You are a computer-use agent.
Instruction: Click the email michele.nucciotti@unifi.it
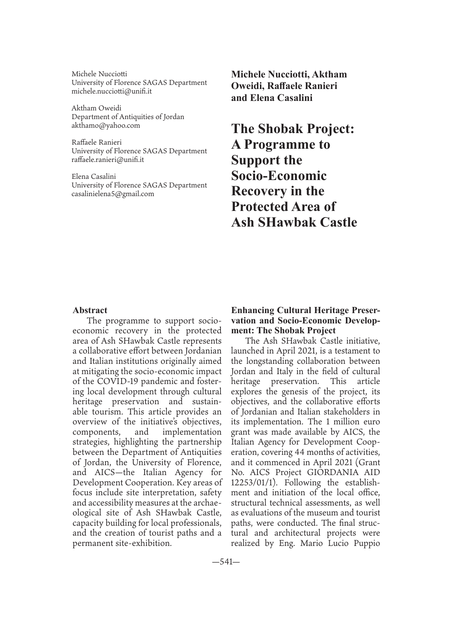point(112,91)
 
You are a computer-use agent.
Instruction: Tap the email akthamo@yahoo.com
point(106,125)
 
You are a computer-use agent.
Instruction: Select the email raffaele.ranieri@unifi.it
point(108,159)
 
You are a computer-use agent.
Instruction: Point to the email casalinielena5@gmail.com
point(113,194)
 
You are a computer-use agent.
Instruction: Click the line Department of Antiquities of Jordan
point(128,117)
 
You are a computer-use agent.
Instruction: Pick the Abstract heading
point(90,310)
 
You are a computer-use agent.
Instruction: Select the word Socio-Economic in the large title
point(279,176)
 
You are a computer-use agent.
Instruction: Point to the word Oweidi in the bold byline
point(246,86)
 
